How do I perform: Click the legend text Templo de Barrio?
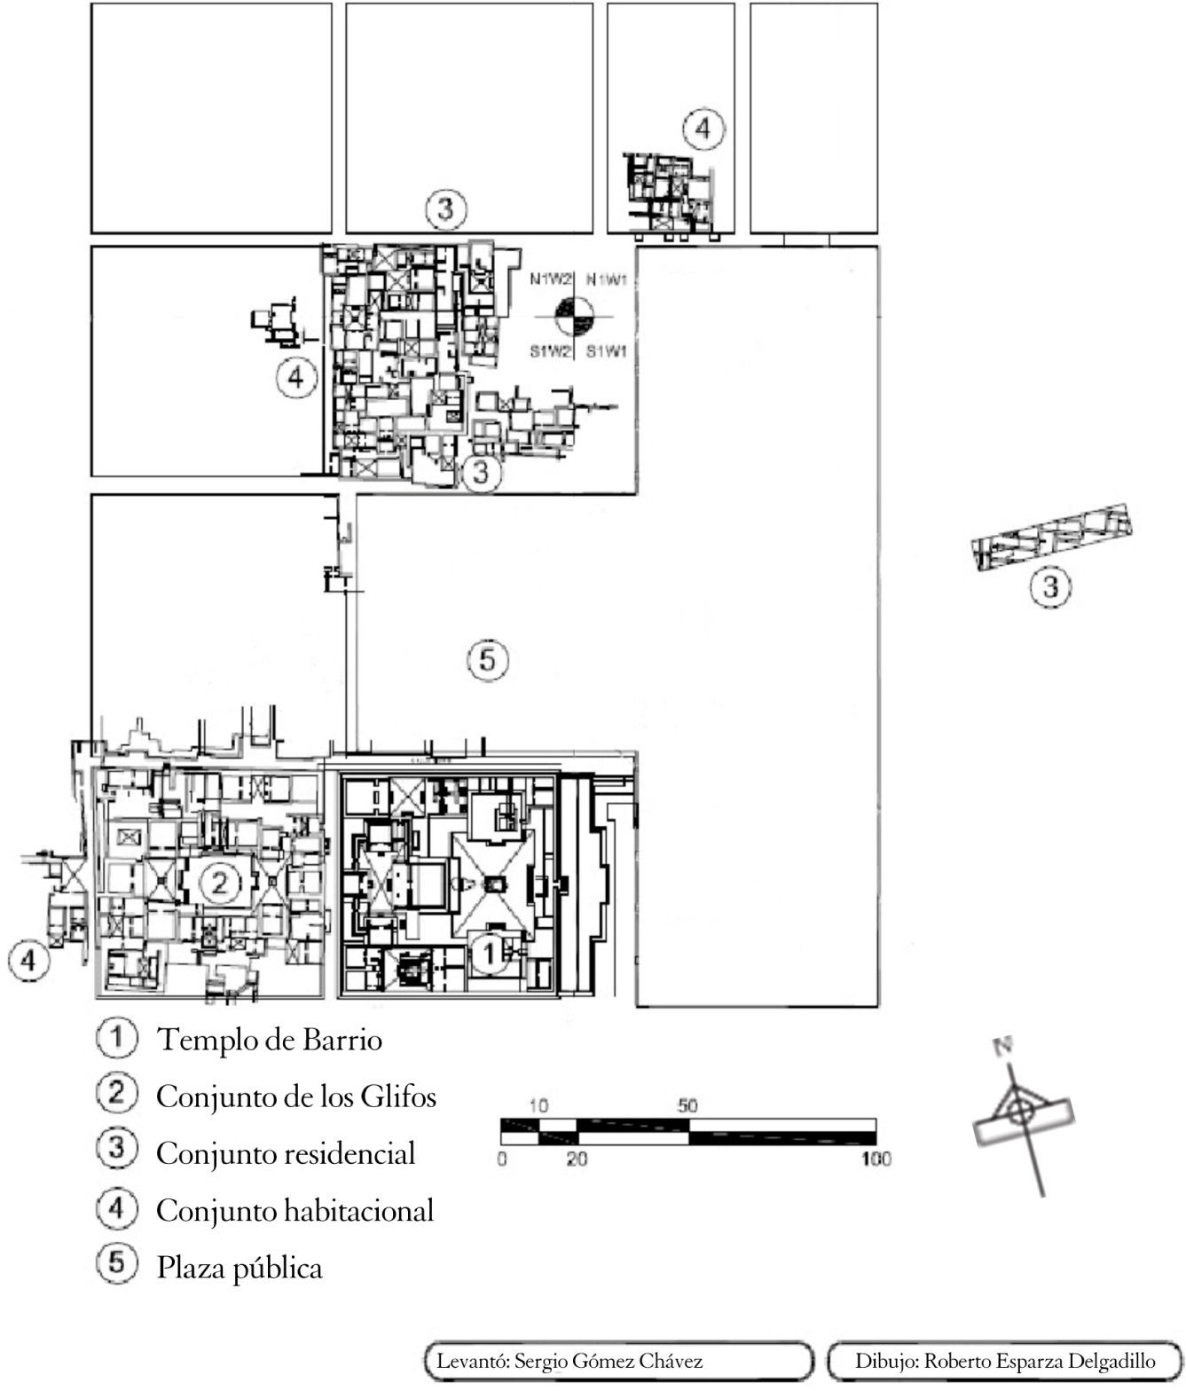coord(269,1040)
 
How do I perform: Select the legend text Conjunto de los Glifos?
coord(296,1097)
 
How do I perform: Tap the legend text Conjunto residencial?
coord(286,1154)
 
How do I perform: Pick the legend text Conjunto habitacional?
coord(295,1211)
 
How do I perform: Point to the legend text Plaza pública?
coord(240,1268)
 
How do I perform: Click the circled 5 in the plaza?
coord(487,660)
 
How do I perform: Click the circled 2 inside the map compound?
coord(220,882)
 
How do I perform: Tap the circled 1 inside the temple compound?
coord(489,954)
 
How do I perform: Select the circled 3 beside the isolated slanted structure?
coord(1051,587)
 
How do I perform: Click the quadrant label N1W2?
coord(549,279)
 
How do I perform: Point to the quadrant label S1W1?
coord(607,352)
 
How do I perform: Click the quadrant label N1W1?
coord(607,279)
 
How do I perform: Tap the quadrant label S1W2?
coord(549,352)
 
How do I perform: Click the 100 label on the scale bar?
coord(876,1159)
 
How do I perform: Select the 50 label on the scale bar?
coord(687,1106)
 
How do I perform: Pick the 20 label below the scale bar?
coord(577,1159)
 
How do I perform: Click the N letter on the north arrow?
coord(1003,1047)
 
